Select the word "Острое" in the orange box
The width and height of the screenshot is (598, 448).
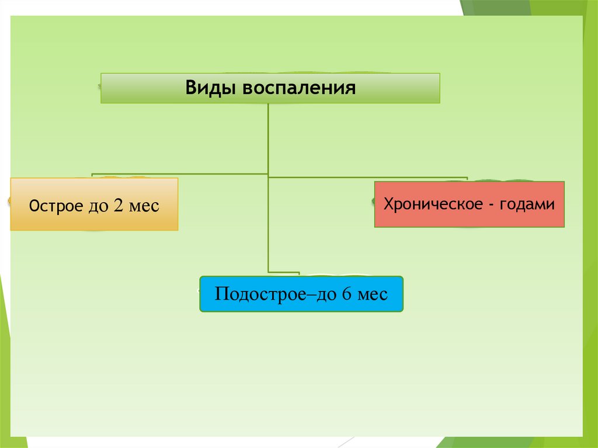click(x=56, y=206)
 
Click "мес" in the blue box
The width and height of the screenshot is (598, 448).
click(x=372, y=293)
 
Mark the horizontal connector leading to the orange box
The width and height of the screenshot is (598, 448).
click(x=175, y=174)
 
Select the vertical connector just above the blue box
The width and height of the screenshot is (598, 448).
click(x=269, y=245)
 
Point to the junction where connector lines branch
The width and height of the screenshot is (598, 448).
click(x=268, y=175)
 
